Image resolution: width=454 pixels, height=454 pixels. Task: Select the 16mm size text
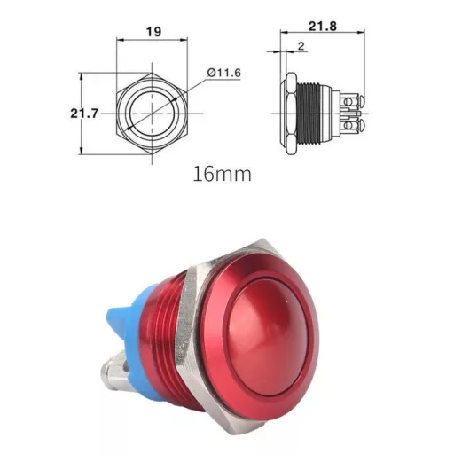coord(222,173)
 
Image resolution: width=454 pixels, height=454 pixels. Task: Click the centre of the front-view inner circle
coord(153,114)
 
